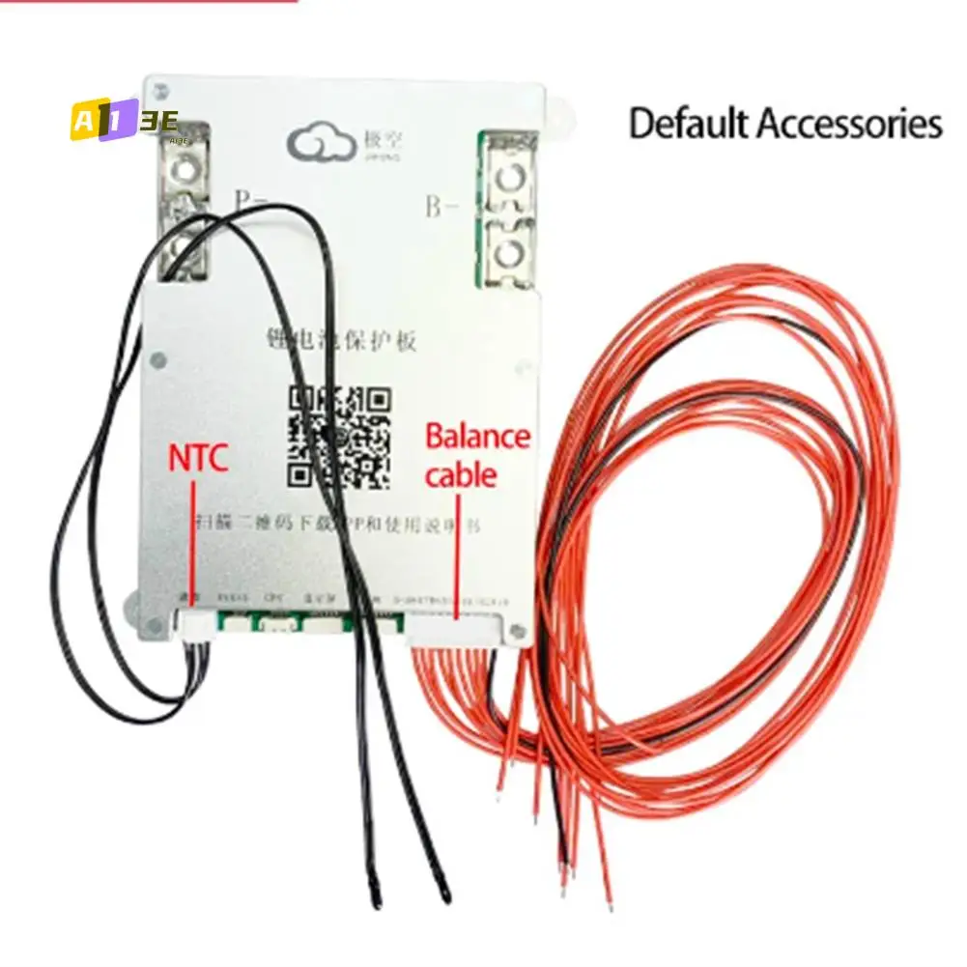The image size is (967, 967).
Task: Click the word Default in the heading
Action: [x=689, y=125]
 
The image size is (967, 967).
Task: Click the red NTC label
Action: [x=198, y=458]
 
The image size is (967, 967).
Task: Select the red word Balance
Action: [x=478, y=437]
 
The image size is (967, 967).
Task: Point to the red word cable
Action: [x=461, y=474]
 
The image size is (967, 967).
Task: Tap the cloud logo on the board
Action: [x=318, y=146]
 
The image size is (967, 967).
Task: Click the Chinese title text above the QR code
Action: [x=342, y=339]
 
